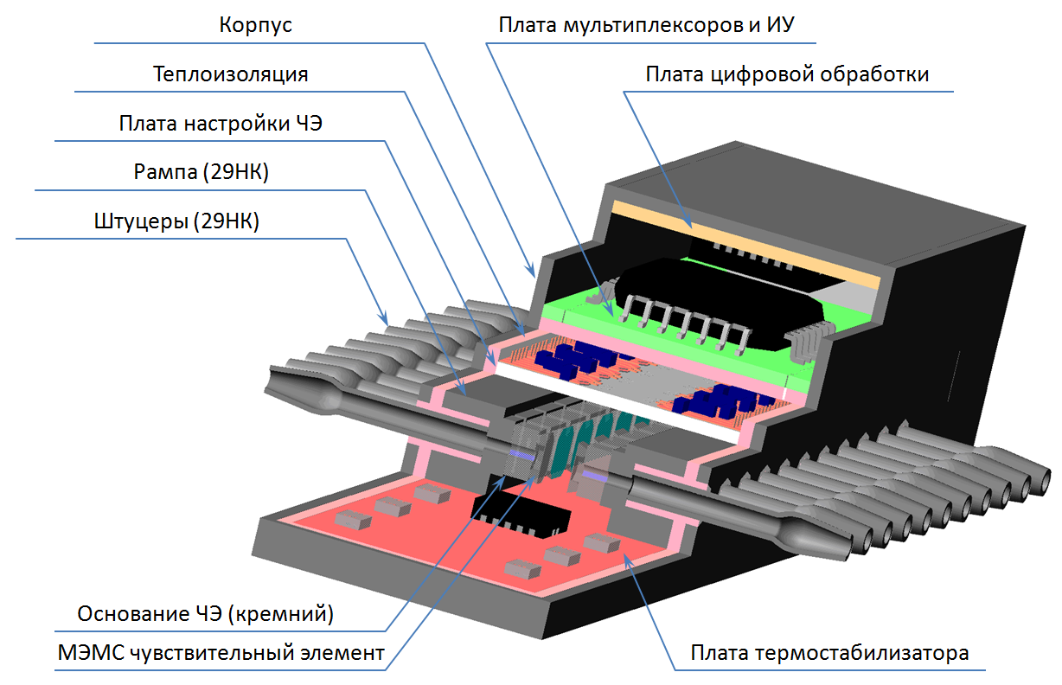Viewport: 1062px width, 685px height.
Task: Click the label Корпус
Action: point(255,25)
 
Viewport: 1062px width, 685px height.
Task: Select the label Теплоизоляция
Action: point(231,74)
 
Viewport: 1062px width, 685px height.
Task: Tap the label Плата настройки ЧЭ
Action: point(221,124)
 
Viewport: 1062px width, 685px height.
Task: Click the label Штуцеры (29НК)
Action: point(177,222)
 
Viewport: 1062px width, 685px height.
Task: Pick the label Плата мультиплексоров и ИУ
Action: point(646,25)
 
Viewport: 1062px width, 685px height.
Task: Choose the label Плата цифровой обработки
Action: point(787,74)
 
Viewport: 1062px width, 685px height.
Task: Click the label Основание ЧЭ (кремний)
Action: point(206,615)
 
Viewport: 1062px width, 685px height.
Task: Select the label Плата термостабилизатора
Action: point(829,653)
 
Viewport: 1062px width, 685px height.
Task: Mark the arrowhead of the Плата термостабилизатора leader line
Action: point(625,560)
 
